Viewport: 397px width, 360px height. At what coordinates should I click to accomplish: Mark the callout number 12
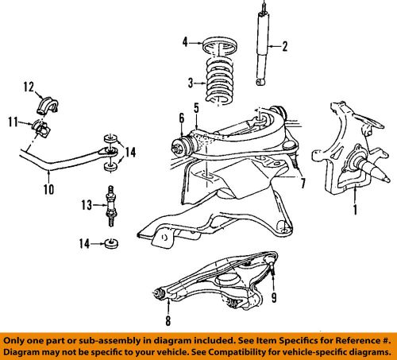[x=28, y=87]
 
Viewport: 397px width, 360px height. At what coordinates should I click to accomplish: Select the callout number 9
[x=276, y=299]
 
